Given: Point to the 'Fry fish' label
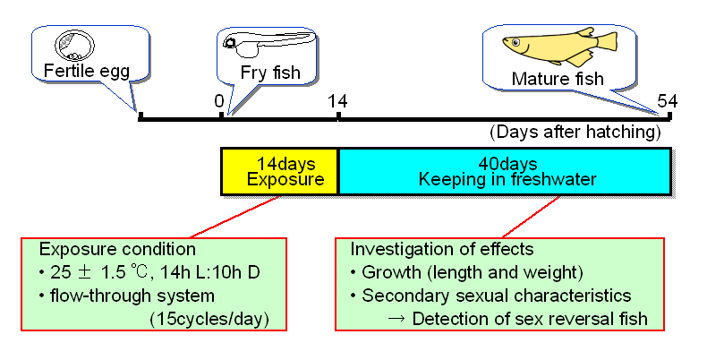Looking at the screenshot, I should (270, 73).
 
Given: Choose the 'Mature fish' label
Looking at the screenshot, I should (558, 79).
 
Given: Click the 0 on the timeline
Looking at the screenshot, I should (219, 101).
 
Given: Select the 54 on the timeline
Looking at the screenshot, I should (668, 100).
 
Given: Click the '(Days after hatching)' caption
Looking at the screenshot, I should (575, 133).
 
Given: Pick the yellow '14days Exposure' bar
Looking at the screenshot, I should (280, 171).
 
